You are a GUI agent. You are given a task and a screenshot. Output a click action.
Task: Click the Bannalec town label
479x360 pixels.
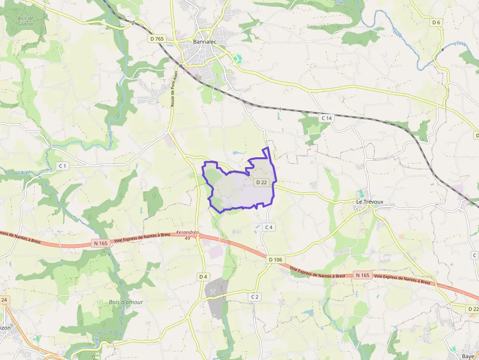pos(204,42)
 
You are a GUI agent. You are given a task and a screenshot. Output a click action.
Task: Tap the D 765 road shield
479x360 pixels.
pos(157,39)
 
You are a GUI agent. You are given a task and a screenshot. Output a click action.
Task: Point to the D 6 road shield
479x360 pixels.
pos(436,22)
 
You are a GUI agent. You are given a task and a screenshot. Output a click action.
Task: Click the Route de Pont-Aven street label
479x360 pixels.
pos(174,89)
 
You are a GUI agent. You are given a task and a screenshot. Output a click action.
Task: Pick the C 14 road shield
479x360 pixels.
pos(327,118)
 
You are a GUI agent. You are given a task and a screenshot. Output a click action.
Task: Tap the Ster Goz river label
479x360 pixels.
pos(110,139)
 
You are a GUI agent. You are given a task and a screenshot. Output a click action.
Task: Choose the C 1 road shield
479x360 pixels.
pos(62,166)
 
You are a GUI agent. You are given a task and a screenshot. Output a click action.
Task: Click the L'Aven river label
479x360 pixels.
pos(25,172)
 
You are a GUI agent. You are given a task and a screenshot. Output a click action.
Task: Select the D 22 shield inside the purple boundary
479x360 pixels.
pos(261,182)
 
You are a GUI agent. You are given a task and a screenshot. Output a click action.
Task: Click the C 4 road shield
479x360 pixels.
pos(268,227)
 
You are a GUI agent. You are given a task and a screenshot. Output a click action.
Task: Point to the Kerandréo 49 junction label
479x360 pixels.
pos(188,235)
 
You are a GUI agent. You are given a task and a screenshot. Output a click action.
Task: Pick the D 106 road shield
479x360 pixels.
pos(275,259)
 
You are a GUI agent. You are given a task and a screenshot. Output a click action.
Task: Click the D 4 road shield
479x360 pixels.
pos(203,277)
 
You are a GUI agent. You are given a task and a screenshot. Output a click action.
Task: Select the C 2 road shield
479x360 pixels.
pos(254,296)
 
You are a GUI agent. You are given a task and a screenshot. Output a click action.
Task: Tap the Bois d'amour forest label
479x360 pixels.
pos(126,302)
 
